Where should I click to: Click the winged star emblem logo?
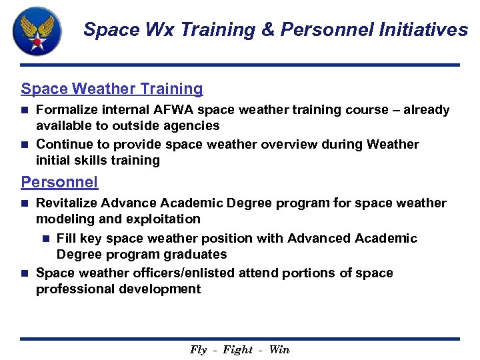tap(38, 31)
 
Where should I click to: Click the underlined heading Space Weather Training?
tap(112, 89)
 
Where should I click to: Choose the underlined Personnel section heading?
tap(59, 181)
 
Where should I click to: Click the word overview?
tap(291, 144)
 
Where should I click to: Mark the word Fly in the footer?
tap(199, 349)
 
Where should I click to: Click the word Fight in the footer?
tap(238, 349)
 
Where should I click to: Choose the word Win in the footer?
tap(279, 349)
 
